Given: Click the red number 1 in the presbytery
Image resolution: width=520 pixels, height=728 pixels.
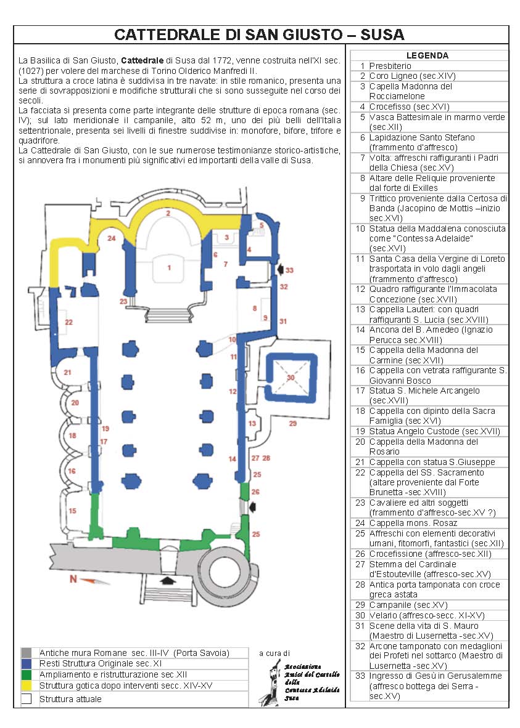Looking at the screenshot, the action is tap(169, 267).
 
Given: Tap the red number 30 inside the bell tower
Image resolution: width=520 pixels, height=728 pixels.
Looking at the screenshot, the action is tap(291, 378).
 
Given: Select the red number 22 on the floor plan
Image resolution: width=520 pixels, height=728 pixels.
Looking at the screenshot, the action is tap(69, 322).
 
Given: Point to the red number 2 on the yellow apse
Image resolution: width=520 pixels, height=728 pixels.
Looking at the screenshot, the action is tap(168, 214).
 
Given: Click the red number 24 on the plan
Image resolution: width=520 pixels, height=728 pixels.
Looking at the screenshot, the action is tap(112, 238).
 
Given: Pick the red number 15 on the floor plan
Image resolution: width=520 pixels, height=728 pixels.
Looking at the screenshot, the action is tap(72, 511).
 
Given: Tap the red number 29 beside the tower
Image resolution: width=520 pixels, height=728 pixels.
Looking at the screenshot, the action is tap(292, 423).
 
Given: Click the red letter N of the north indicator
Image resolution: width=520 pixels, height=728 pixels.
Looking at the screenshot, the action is tap(73, 579).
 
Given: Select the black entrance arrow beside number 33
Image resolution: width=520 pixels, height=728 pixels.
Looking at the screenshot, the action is tap(280, 269).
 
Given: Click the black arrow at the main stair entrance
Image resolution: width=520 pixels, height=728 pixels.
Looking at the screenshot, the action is tap(165, 580).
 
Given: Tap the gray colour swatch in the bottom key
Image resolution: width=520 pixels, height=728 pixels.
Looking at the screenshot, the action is tap(27, 653).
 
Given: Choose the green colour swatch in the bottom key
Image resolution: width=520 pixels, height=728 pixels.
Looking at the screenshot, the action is tap(27, 674).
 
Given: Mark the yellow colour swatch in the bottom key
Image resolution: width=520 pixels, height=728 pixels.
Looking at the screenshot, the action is tap(27, 686).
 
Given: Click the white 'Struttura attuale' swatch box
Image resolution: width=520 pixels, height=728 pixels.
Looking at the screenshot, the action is tap(27, 699).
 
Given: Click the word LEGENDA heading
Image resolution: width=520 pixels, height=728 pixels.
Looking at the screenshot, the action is tap(427, 55).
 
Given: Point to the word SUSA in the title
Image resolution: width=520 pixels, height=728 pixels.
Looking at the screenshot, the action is tap(382, 35).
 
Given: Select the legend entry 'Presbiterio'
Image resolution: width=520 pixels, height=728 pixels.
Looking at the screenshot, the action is tap(390, 66).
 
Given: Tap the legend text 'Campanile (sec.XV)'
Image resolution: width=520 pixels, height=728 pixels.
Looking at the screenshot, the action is tap(408, 605).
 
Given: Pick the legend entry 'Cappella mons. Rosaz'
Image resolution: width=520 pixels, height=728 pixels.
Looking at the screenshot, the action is tap(413, 524).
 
